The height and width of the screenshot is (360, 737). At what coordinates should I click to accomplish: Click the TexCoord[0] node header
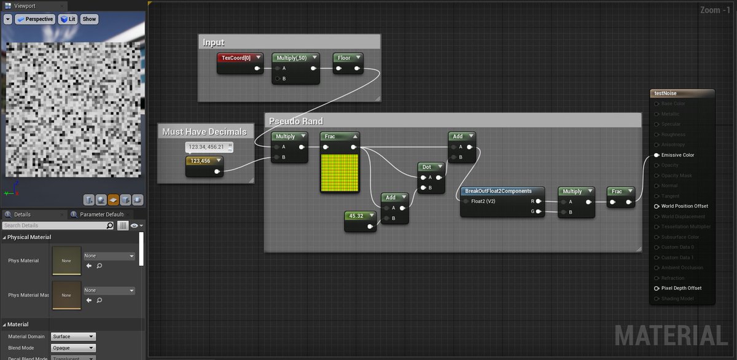[x=236, y=58]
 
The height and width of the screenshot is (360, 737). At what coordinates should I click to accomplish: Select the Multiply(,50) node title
[x=292, y=58]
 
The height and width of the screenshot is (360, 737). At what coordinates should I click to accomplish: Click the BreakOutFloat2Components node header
[x=498, y=191]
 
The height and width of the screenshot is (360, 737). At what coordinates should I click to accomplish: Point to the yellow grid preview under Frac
[x=339, y=173]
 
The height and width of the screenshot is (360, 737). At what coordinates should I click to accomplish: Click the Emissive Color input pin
[x=657, y=155]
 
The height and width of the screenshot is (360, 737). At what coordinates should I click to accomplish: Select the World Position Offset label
[x=684, y=206]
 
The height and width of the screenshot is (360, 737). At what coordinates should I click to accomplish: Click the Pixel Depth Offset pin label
[x=681, y=288]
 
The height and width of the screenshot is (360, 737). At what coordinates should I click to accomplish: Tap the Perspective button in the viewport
[x=36, y=19]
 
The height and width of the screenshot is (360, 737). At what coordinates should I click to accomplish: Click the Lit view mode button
[x=68, y=19]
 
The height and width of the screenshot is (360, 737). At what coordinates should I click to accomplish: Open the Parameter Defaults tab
[x=101, y=214]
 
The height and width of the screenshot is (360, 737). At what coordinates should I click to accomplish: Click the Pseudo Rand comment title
[x=296, y=121]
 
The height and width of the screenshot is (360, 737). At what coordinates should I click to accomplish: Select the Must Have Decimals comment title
[x=204, y=131]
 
